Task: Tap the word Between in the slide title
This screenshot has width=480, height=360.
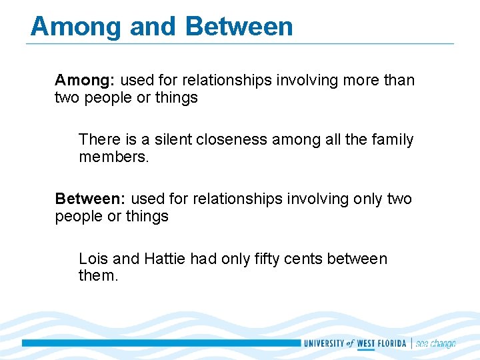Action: (239, 27)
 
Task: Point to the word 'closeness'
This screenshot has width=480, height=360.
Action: (237, 140)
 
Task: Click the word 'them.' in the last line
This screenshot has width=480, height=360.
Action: (98, 276)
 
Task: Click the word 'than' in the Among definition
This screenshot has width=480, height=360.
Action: (399, 81)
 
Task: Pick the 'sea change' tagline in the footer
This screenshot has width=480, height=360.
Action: (435, 343)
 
